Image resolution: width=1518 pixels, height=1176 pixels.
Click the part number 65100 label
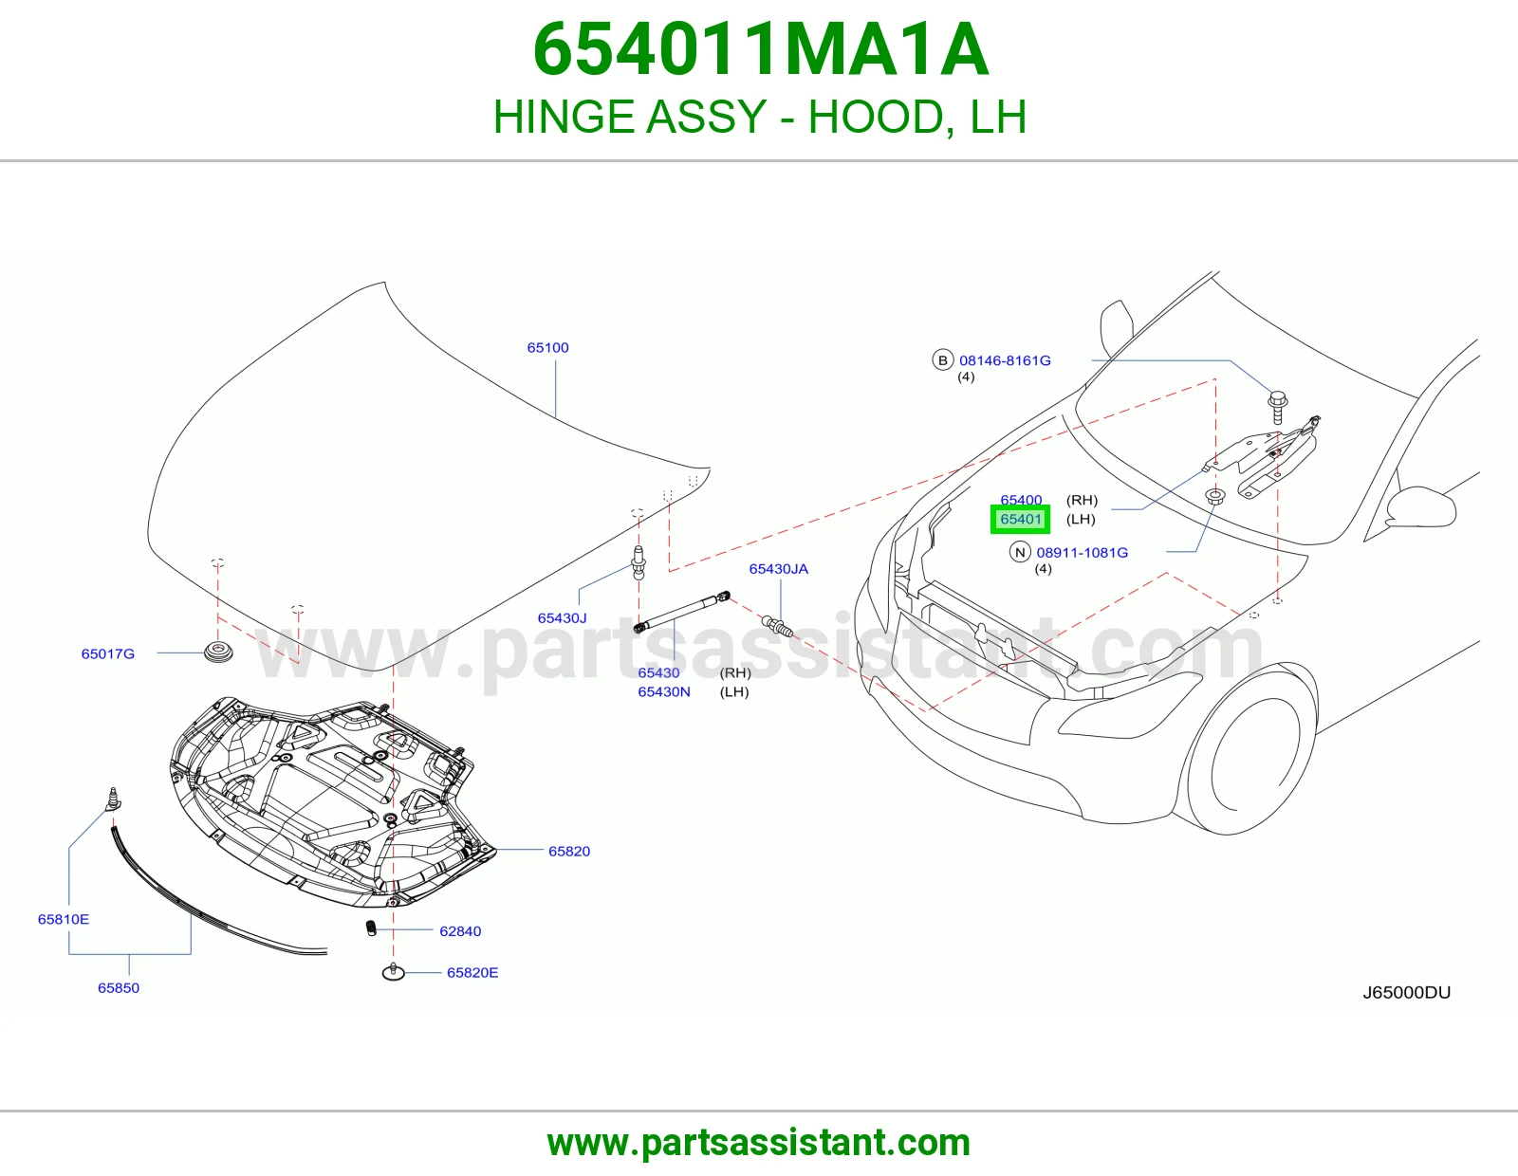click(x=547, y=348)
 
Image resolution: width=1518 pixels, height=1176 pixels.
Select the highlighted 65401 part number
click(x=1021, y=519)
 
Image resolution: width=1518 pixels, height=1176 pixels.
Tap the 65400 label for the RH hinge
click(x=1021, y=500)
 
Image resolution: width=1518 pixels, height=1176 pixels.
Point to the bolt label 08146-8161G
click(x=1005, y=360)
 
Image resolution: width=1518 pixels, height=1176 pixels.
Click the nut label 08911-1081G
click(x=1083, y=552)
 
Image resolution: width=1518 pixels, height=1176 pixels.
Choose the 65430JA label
click(x=778, y=569)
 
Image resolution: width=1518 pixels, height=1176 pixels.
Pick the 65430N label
click(x=663, y=692)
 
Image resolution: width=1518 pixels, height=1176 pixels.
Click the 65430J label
click(x=562, y=618)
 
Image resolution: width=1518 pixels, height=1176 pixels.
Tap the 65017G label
click(x=107, y=653)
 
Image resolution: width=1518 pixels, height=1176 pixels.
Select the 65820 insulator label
click(x=569, y=852)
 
